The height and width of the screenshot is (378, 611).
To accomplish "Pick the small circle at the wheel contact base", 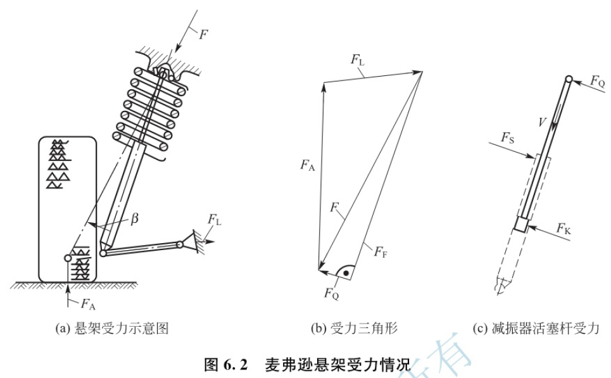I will [x=68, y=258].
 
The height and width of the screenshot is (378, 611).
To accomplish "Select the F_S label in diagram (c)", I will [x=508, y=136].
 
